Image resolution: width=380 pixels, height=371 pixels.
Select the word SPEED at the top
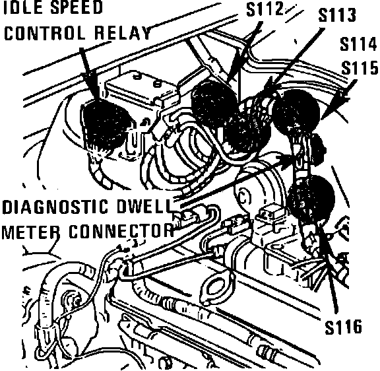[x=76, y=7]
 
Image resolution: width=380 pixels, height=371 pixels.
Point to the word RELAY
[x=123, y=33]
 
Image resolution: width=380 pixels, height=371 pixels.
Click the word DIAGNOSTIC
[x=55, y=207]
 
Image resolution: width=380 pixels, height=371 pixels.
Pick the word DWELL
[x=144, y=207]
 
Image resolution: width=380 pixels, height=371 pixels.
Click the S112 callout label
[x=265, y=9]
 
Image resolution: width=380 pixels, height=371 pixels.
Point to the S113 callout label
[x=337, y=15]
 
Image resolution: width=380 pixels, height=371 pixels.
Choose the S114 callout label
[x=358, y=44]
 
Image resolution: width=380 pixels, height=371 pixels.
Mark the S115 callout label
[x=360, y=67]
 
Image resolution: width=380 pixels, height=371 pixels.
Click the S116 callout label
[x=343, y=327]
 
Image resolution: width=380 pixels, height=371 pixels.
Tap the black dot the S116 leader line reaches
[x=312, y=198]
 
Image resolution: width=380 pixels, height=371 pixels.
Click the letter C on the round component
[x=243, y=197]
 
